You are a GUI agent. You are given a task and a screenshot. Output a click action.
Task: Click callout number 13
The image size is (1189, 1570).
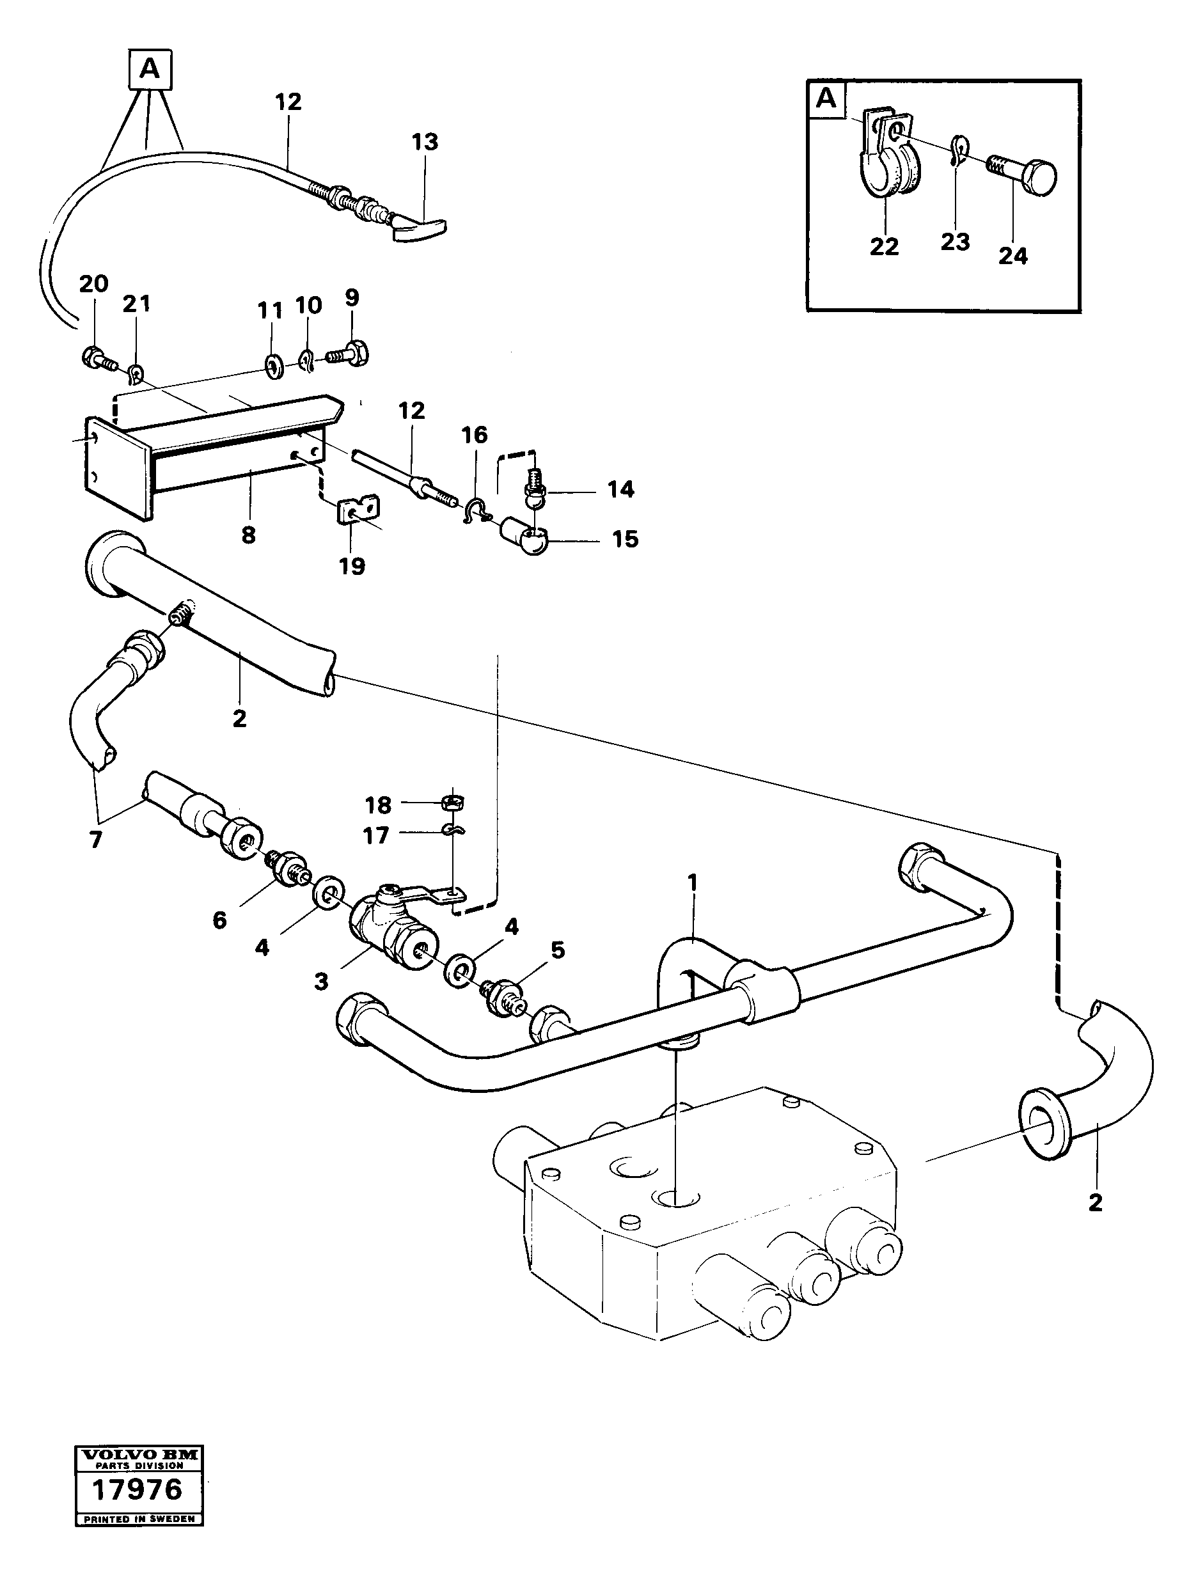tap(425, 142)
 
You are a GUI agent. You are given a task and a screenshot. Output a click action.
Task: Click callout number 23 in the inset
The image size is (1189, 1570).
tap(955, 242)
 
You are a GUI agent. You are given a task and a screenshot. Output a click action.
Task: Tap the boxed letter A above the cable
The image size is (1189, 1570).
tap(150, 69)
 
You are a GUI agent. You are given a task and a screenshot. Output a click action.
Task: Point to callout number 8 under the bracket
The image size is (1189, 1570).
tap(248, 535)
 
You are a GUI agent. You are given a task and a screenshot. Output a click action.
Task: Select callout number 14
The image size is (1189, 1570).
tap(620, 489)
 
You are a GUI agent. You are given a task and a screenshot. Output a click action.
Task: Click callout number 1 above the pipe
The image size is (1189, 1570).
tap(692, 883)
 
